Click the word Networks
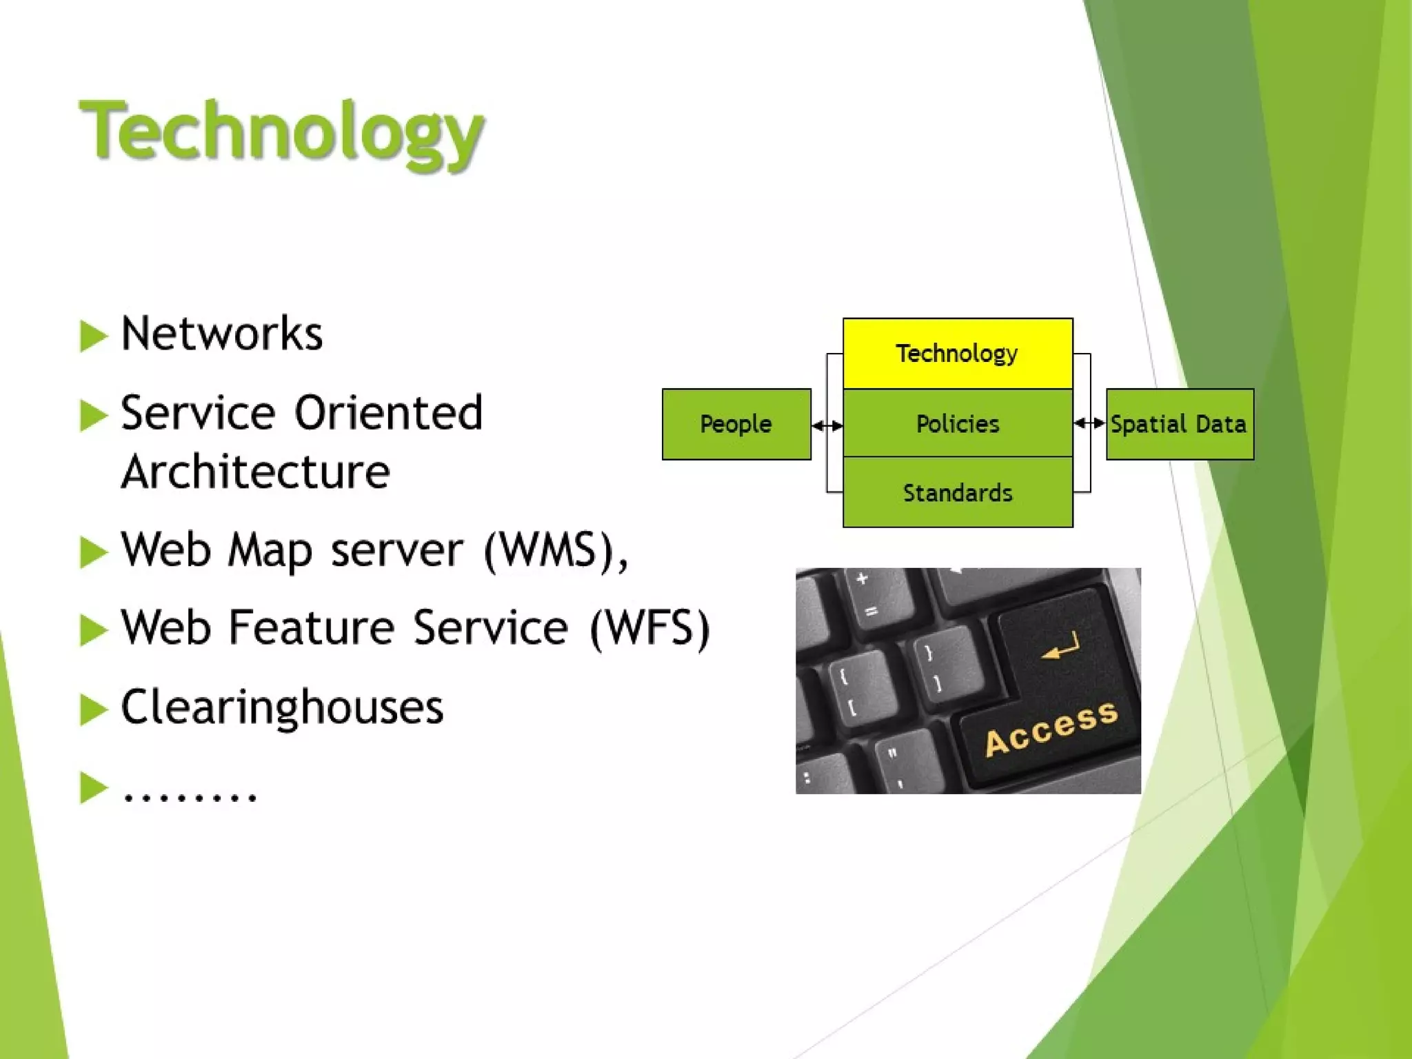tap(221, 334)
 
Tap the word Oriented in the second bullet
tap(388, 413)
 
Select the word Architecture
tap(255, 472)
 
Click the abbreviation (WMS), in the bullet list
tap(556, 551)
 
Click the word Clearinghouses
tap(282, 707)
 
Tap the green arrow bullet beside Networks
tap(93, 336)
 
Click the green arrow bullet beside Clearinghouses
tap(93, 709)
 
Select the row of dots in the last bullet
tap(190, 796)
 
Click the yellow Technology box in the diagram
tap(957, 354)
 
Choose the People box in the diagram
tap(736, 424)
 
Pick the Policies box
tap(957, 423)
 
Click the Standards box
tap(957, 493)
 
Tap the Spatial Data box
tap(1179, 424)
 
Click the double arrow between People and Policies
tap(827, 426)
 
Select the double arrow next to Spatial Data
tap(1089, 423)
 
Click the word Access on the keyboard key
tap(1051, 729)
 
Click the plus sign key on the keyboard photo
tap(861, 579)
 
